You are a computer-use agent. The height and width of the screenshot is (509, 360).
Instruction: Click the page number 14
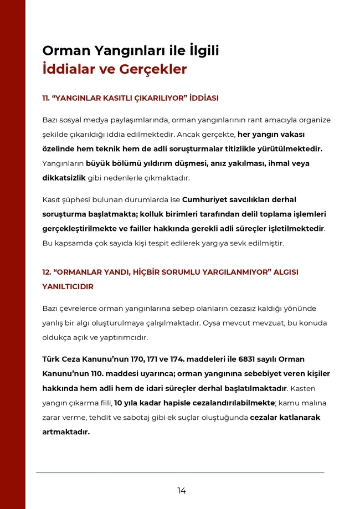pos(182,491)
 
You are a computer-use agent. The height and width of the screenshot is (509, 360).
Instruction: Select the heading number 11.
pos(46,98)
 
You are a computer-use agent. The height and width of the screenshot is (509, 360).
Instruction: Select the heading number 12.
pos(47,273)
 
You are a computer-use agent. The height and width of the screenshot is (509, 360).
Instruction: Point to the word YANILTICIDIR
pos(68,287)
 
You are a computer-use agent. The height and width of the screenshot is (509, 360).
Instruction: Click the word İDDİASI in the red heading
pos(203,98)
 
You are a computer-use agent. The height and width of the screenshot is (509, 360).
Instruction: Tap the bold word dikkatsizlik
pos(64,178)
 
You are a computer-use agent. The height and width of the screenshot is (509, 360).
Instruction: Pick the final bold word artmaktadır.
pos(66,432)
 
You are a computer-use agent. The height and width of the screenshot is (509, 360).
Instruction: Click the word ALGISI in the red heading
pos(286,273)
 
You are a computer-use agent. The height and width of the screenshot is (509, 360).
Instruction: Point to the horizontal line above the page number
pos(180,472)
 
